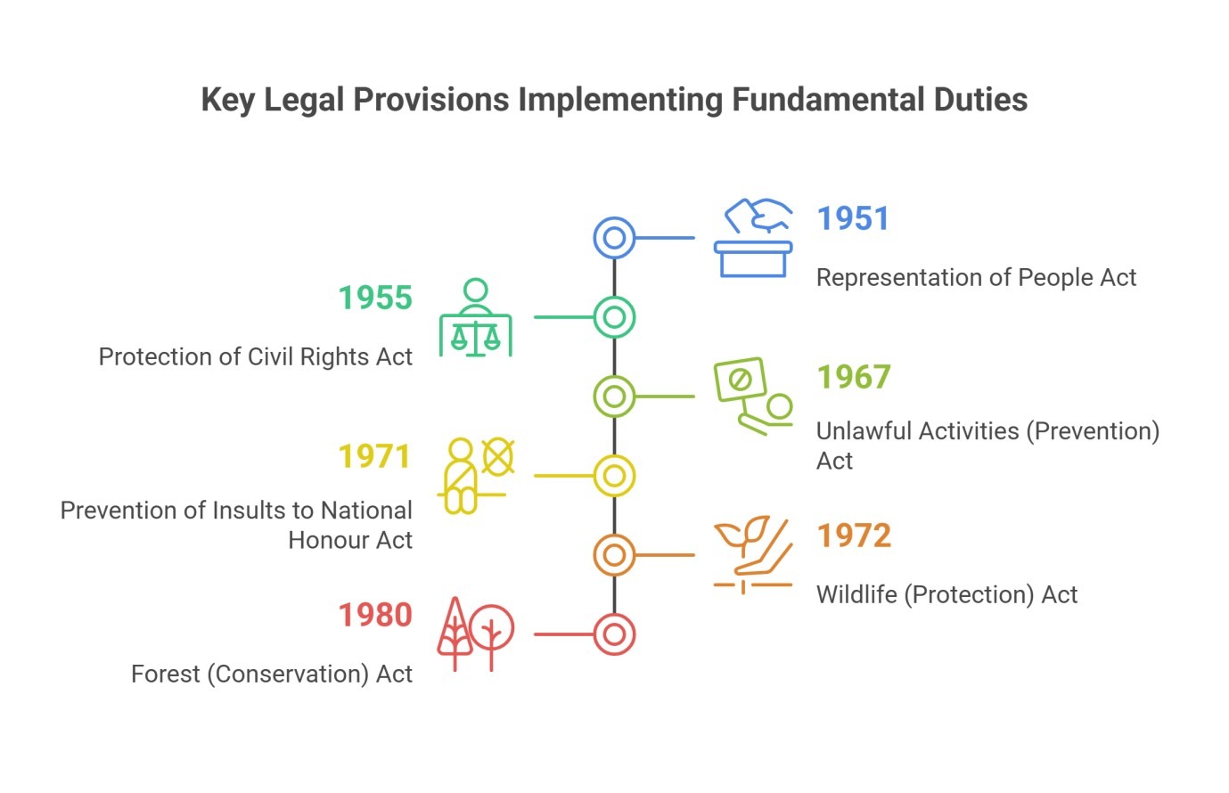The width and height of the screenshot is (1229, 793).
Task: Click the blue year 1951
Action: tap(853, 218)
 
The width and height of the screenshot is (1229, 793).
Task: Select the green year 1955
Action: tap(375, 298)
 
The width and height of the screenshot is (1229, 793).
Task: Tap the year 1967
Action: tap(854, 377)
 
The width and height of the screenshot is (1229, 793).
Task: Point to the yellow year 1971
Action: tap(374, 456)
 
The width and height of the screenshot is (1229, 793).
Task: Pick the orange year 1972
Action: tap(854, 535)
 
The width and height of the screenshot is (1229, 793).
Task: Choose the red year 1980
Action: tap(375, 615)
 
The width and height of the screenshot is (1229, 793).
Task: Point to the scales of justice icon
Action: tap(476, 317)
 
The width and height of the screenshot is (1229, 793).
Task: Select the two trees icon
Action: tap(476, 634)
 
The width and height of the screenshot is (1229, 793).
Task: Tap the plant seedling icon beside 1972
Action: tap(753, 555)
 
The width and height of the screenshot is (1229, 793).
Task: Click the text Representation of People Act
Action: tap(976, 277)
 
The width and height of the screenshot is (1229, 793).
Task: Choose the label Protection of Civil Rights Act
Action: tap(255, 357)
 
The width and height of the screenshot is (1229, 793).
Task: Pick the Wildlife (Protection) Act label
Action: tap(947, 594)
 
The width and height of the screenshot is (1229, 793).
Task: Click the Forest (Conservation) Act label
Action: tap(272, 674)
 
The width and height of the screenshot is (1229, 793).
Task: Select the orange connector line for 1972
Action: tap(665, 555)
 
